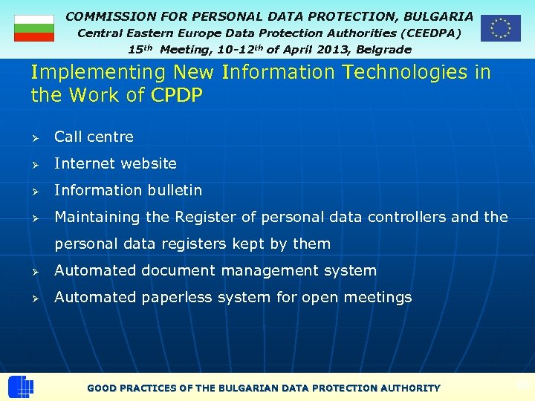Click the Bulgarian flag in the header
[34, 27]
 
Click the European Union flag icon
[500, 28]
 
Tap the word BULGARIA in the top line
[438, 16]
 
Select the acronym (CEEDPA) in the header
[430, 33]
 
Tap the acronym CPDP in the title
[177, 96]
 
